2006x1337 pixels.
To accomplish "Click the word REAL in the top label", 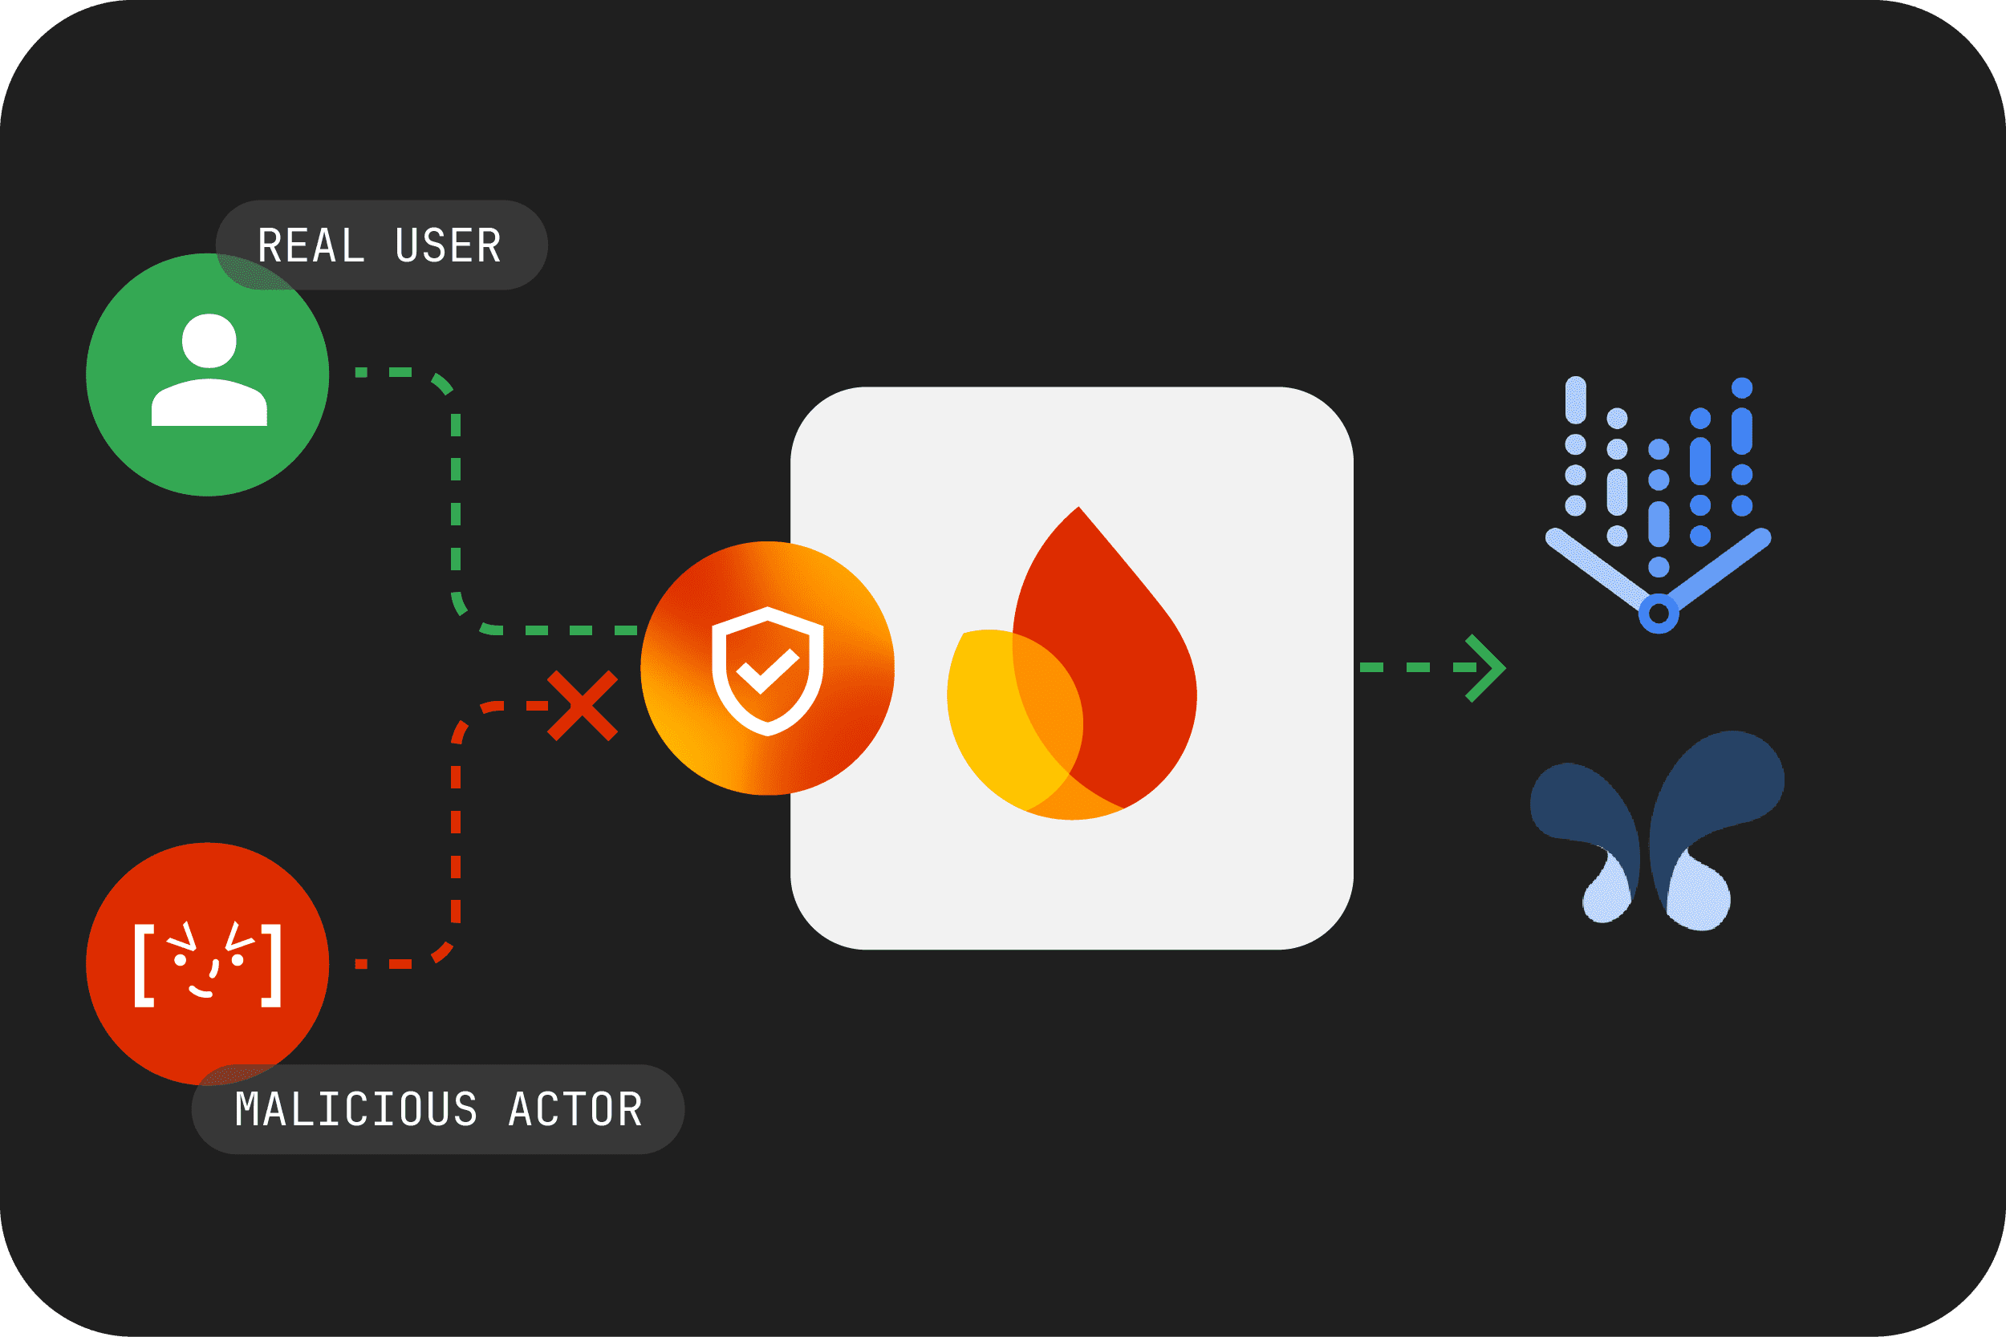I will (311, 245).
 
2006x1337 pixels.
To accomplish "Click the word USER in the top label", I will (449, 245).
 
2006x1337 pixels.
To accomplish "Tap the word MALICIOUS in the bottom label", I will (355, 1109).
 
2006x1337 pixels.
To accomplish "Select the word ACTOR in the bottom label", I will (575, 1109).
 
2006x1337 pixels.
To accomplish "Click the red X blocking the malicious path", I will (583, 706).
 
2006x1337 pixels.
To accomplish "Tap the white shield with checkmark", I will (768, 671).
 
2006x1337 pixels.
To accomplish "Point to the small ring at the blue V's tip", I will (1659, 613).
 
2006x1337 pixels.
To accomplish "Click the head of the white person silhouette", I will (209, 341).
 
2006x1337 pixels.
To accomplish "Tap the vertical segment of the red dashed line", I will (456, 845).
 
